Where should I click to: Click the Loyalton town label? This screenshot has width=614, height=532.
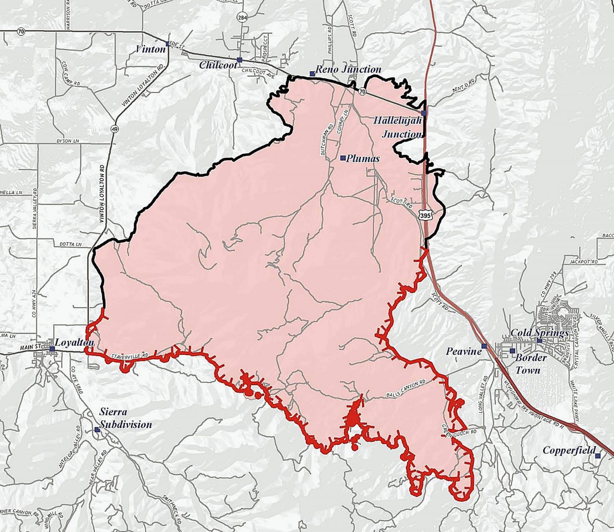(74, 343)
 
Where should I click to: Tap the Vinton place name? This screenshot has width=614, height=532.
(150, 50)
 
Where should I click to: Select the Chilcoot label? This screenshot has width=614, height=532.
(218, 66)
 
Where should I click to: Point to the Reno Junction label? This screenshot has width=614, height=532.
(348, 70)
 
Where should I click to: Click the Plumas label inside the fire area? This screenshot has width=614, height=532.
(363, 159)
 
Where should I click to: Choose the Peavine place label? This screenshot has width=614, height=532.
(464, 351)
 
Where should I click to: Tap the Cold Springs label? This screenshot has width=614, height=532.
(540, 333)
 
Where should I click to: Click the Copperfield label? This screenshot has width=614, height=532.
(569, 451)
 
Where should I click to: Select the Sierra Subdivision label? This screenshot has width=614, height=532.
(126, 418)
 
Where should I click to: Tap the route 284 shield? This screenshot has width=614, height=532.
(241, 17)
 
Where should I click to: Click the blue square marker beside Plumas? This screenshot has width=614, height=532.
(343, 158)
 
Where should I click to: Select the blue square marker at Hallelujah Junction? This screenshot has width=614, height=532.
(424, 113)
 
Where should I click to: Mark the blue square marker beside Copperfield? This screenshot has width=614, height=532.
(598, 455)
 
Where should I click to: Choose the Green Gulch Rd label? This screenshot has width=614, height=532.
(460, 431)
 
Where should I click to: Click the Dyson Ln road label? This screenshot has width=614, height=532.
(68, 141)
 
